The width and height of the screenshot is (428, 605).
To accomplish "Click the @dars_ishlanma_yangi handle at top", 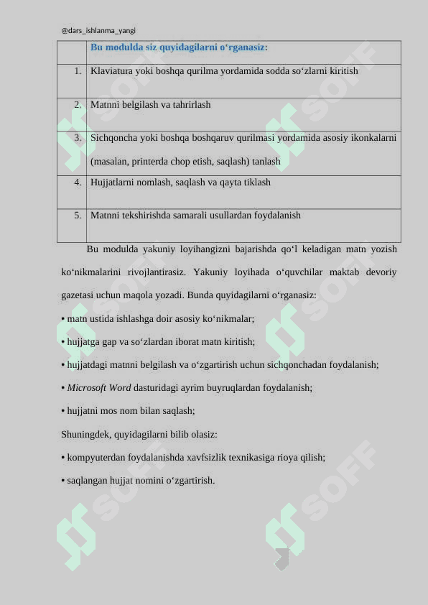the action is pos(98,31).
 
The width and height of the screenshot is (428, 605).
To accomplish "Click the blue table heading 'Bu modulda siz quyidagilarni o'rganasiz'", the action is pos(179,47).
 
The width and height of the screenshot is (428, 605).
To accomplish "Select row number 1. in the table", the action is pos(77,71).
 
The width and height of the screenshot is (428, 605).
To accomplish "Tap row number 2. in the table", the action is pos(77,104).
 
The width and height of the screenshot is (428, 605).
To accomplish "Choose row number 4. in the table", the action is pos(77,182).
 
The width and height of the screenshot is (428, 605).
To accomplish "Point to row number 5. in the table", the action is pos(77,215).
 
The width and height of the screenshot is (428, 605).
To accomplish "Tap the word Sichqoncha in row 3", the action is pos(114,137).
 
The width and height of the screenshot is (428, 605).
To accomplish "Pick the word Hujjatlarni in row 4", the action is pos(113,183).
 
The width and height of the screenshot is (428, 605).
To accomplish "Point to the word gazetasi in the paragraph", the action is pos(79,295).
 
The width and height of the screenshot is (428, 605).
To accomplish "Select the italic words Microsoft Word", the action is pos(99,388).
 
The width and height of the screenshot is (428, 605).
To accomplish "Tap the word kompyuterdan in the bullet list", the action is pos(94,458).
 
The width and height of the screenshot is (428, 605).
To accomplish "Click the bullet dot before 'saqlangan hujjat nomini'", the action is pos(63,481).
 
